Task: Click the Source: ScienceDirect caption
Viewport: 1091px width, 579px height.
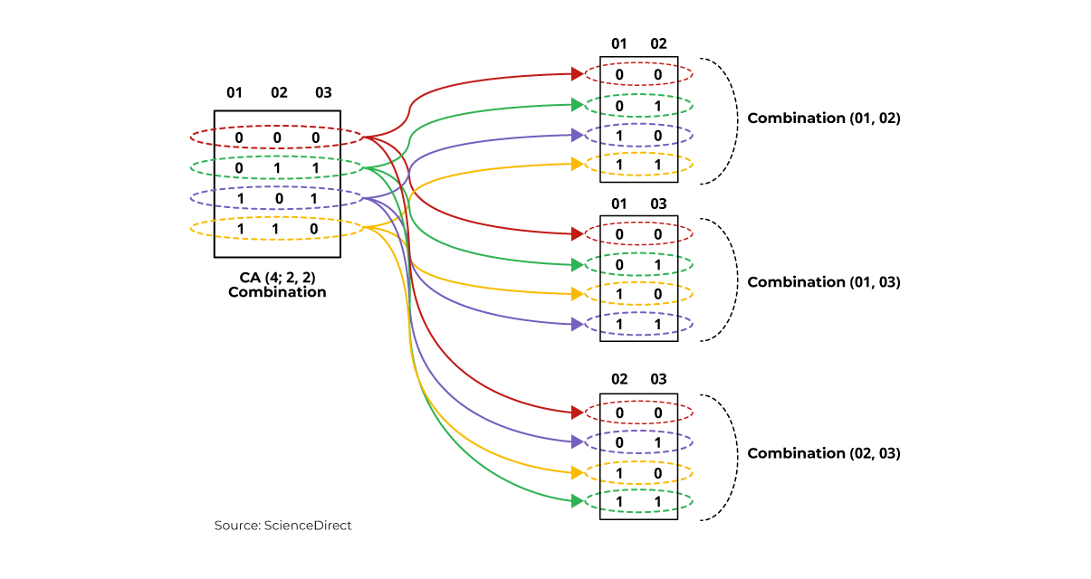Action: click(x=282, y=525)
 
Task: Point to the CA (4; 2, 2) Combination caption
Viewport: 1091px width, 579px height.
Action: click(x=277, y=284)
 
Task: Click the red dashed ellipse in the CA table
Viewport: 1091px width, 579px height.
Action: click(x=277, y=137)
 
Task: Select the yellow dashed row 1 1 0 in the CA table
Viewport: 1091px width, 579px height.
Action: click(x=277, y=228)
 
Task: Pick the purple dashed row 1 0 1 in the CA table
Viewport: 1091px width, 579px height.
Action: click(x=277, y=197)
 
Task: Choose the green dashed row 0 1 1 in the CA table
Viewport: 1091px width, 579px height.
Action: click(x=277, y=166)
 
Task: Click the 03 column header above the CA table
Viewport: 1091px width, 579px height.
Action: click(x=323, y=92)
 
